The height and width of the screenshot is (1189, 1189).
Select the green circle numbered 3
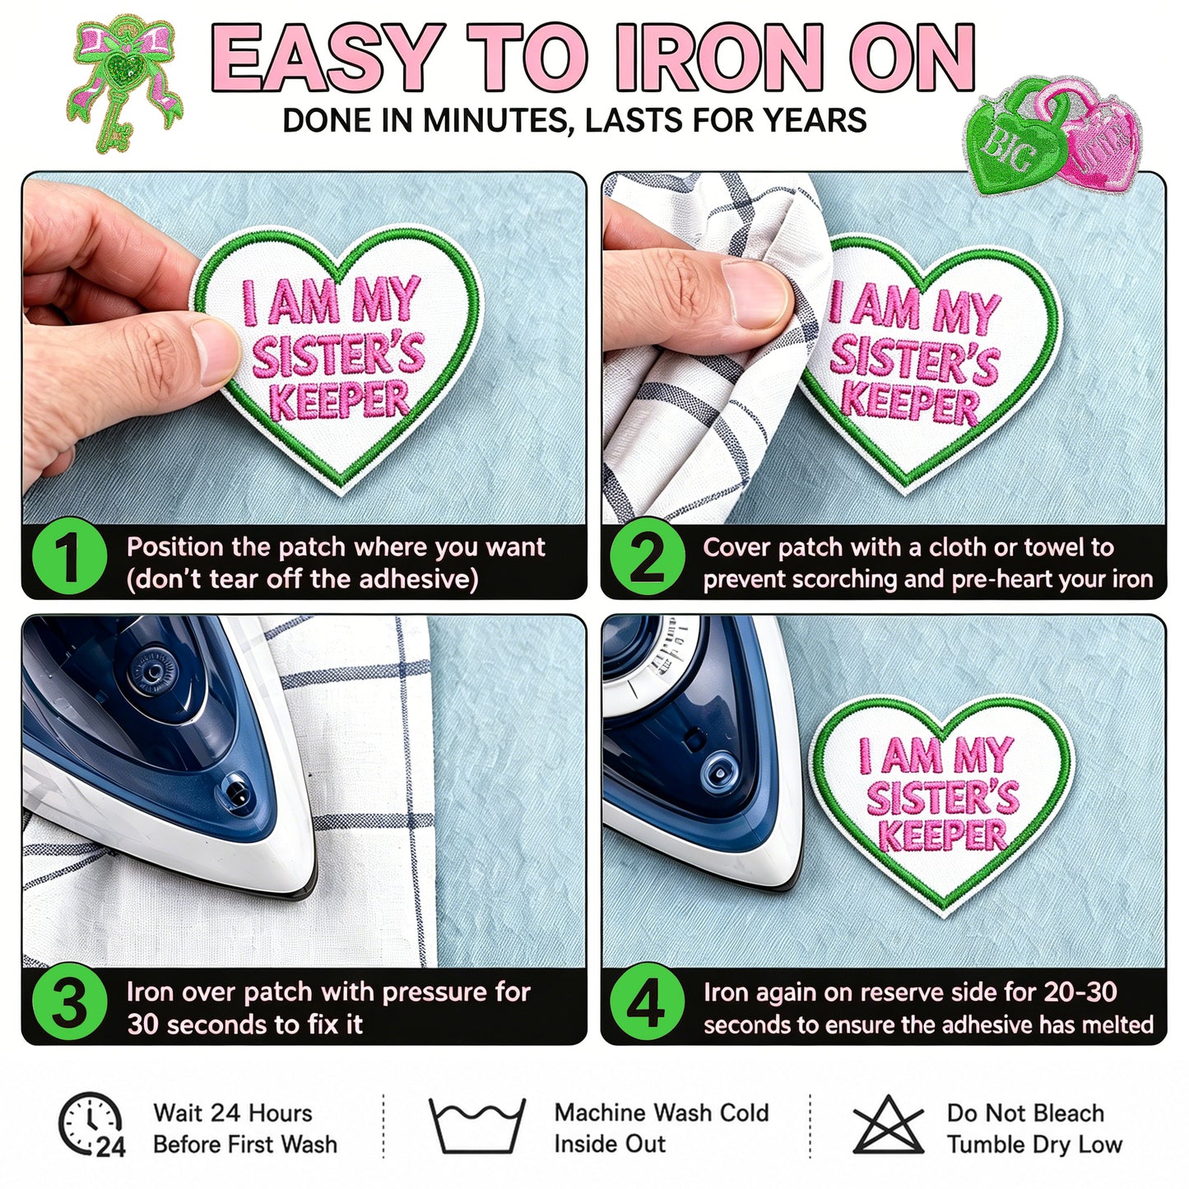(69, 1001)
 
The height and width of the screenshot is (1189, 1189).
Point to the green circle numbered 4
(648, 1001)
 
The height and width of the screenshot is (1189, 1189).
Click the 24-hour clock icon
(91, 1123)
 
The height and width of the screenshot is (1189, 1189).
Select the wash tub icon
(477, 1124)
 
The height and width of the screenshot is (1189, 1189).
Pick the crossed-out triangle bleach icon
(889, 1124)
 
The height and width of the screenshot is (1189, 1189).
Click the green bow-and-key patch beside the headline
(125, 81)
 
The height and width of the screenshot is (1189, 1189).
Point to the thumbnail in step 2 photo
(756, 294)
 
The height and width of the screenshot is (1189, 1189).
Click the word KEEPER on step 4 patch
(941, 835)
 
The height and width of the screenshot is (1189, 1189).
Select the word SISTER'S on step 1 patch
(339, 355)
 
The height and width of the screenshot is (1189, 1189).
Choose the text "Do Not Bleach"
(1025, 1112)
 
